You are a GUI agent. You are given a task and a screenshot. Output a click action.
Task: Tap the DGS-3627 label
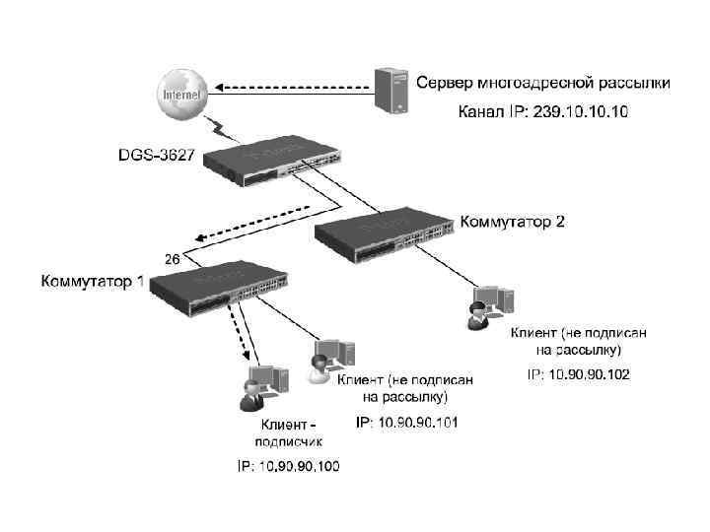click(157, 155)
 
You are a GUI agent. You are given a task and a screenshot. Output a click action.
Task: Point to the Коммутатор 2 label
click(513, 222)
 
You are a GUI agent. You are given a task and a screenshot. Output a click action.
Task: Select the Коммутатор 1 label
click(92, 282)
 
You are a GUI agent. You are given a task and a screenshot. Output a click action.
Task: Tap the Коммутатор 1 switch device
click(223, 289)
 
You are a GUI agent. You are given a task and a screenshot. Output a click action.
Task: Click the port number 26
click(171, 259)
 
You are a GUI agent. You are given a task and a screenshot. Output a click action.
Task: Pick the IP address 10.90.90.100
click(288, 465)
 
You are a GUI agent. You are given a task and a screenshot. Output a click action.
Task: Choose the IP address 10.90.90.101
click(407, 422)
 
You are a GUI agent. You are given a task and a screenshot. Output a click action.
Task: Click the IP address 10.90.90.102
click(579, 374)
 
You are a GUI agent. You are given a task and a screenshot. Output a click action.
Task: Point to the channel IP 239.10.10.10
click(541, 111)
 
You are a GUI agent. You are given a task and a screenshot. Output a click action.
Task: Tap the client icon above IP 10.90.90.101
click(331, 361)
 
